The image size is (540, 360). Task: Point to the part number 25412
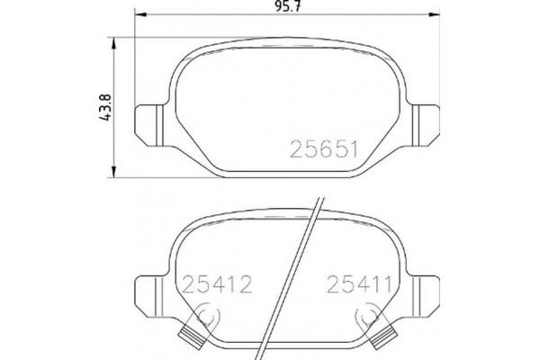pos(217,286)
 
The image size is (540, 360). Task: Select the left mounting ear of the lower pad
pos(149,290)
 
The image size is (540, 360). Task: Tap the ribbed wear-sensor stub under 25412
pos(192,337)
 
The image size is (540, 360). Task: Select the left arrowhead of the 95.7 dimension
pos(138,18)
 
